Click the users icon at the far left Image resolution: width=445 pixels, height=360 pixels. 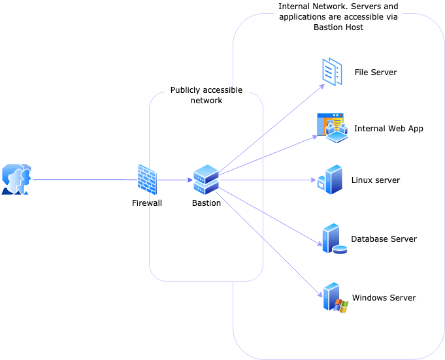coord(16,180)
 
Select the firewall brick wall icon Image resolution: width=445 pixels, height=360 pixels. coord(147,180)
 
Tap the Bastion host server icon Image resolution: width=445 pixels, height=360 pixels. coord(206,180)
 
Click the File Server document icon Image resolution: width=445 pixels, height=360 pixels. coord(333,72)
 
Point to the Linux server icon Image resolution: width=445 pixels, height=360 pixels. coord(331,180)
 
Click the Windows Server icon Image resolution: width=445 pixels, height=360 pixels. coord(333,298)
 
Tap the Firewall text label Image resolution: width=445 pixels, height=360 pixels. coord(147,203)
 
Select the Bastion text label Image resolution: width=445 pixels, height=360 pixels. coord(206,203)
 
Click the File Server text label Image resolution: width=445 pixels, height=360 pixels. coord(376,73)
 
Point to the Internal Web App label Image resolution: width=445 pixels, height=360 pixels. coord(389,129)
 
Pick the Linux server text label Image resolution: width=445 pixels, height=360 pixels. coord(376,180)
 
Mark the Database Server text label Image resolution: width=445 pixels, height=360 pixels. coord(384,239)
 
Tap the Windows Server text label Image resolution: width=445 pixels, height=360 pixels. coord(384,298)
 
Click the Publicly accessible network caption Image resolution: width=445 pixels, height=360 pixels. coord(206,95)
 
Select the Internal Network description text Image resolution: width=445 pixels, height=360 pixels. coord(338,17)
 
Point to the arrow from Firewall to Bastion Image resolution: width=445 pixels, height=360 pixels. coord(174,180)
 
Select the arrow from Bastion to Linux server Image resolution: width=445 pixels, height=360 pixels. coord(268,180)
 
